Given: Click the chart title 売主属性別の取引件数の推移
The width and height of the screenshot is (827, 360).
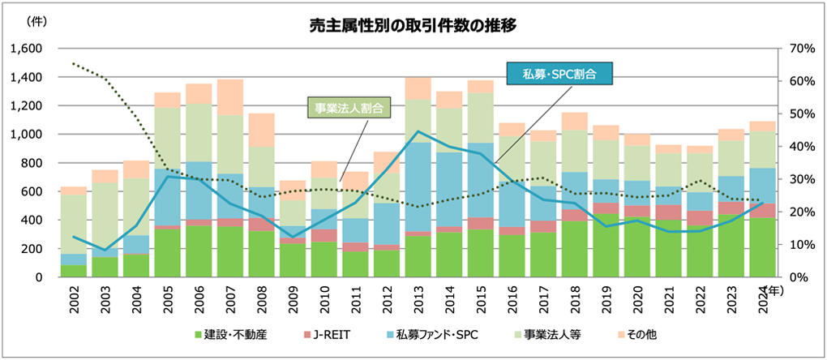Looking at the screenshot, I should click(x=413, y=25).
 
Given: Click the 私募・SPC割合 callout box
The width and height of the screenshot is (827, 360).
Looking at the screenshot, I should click(x=559, y=74).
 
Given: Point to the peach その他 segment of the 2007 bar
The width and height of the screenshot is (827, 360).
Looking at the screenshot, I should click(x=230, y=96).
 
